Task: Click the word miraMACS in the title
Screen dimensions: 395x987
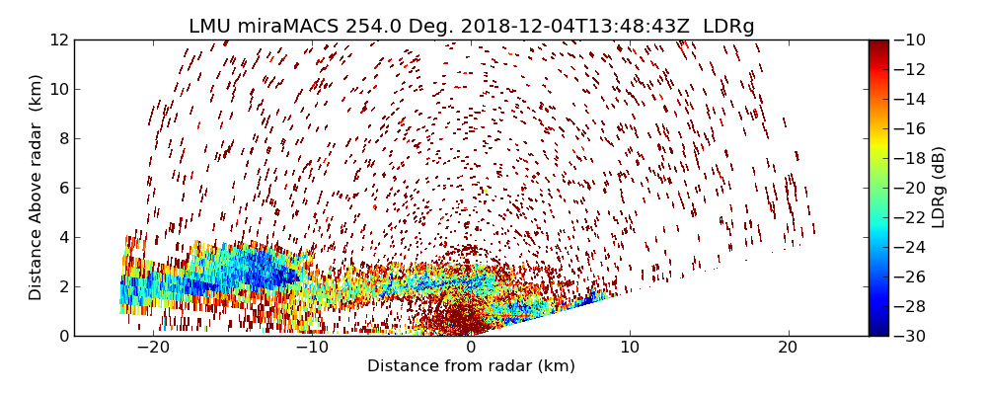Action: click(x=288, y=27)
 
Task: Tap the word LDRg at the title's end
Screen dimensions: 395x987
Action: click(x=728, y=27)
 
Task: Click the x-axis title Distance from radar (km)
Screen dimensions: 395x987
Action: click(x=471, y=366)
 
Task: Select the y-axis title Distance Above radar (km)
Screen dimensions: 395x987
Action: click(x=37, y=188)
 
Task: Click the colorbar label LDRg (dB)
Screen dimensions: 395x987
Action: click(x=939, y=188)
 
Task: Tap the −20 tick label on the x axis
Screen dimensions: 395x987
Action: click(x=153, y=348)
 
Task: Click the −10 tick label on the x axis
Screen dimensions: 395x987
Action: click(x=312, y=348)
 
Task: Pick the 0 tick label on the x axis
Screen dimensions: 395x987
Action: click(x=471, y=348)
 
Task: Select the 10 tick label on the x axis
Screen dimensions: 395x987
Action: click(x=630, y=348)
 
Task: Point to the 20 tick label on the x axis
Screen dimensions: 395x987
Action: click(x=788, y=348)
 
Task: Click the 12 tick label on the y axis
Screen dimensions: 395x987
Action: click(x=58, y=39)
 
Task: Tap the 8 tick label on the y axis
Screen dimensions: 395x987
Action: click(x=62, y=138)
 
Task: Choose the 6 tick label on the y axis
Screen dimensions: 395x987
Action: click(x=62, y=188)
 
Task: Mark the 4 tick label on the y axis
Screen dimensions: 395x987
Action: click(x=62, y=237)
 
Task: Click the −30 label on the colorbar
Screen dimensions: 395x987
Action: click(x=908, y=336)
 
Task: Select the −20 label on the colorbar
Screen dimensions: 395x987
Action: click(x=908, y=188)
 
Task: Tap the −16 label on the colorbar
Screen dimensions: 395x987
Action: click(x=908, y=128)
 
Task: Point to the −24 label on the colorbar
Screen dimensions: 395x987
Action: click(x=908, y=247)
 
